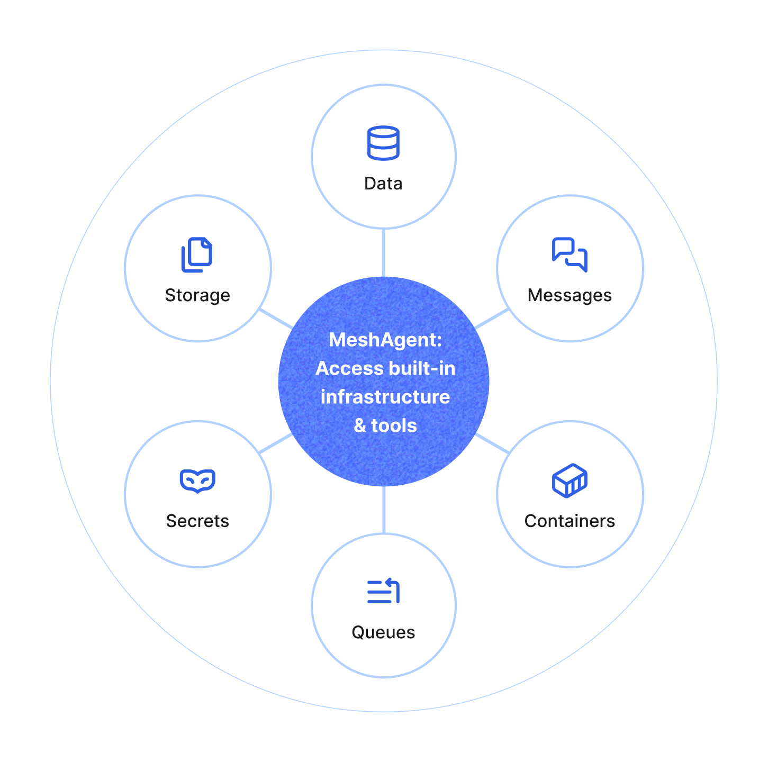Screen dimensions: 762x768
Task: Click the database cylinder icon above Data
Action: [x=383, y=143]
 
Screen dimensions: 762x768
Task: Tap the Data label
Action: [x=383, y=184]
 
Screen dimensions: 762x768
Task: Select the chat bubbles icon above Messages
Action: [x=570, y=255]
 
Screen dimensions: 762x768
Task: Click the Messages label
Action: [x=570, y=295]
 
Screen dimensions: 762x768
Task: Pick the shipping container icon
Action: [x=570, y=480]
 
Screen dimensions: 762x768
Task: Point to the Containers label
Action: [x=570, y=521]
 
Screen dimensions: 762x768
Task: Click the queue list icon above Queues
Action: [x=383, y=591]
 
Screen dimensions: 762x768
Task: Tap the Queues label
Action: [x=383, y=632]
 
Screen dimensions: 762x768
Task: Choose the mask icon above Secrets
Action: [x=197, y=480]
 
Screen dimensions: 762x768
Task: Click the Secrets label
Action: [x=197, y=521]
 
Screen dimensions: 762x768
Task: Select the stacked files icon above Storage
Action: [x=197, y=255]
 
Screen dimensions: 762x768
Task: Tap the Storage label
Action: [x=197, y=295]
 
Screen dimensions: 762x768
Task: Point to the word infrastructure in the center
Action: [x=385, y=397]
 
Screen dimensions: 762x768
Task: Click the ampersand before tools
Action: [x=360, y=425]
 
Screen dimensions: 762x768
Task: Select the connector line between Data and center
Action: [x=383, y=253]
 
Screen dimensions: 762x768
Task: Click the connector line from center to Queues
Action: [x=383, y=510]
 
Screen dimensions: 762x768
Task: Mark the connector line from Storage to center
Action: [x=276, y=319]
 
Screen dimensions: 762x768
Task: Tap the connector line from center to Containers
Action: [x=492, y=443]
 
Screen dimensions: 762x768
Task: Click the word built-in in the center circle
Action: [x=422, y=368]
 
